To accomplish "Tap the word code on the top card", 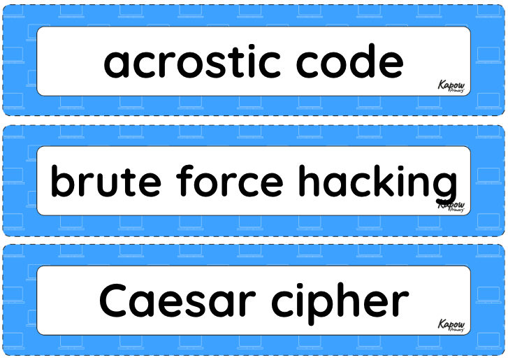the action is pos(349,61).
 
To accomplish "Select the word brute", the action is pos(106,180).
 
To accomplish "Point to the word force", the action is pos(229,180).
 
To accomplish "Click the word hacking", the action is pos(377,183).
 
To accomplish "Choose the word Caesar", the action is pos(177,300).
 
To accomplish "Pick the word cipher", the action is pos(340,303).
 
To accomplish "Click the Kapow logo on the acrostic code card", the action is pos(451,87).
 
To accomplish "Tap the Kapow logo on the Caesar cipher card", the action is pos(451,325).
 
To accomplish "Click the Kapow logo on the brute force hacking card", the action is pos(451,206).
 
